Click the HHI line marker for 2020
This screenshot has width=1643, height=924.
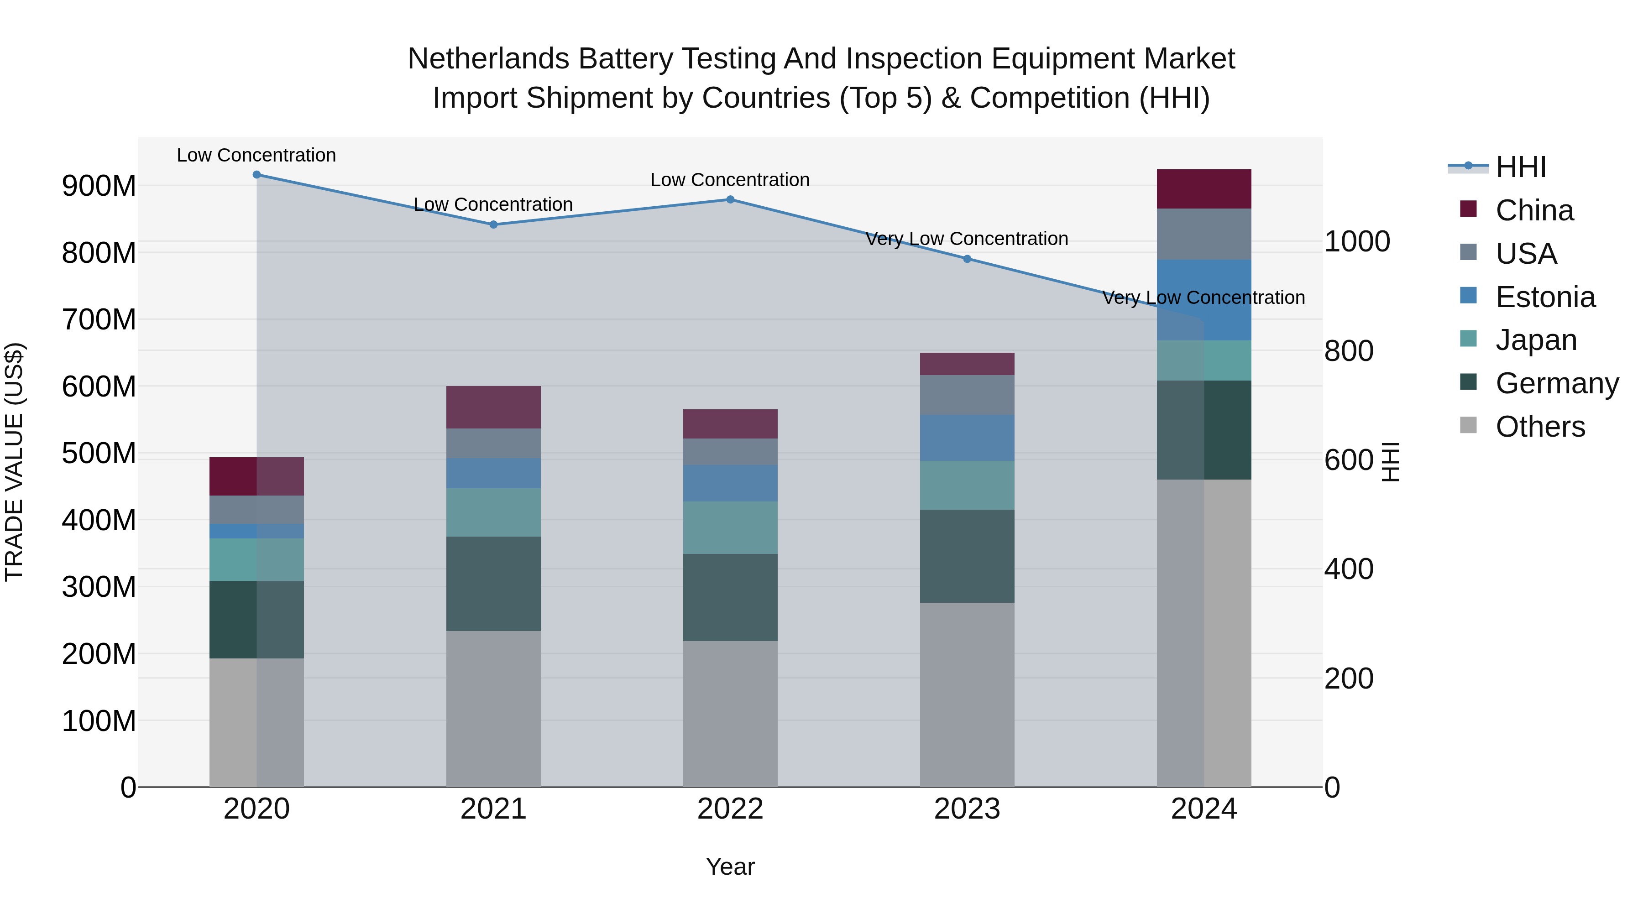(x=256, y=175)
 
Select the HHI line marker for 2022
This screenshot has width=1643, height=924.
(x=730, y=199)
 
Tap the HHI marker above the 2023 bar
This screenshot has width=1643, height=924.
(x=967, y=259)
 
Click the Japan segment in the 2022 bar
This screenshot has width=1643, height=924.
(x=730, y=527)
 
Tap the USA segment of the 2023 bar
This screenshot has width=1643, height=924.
(x=967, y=395)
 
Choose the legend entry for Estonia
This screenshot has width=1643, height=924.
(x=1545, y=297)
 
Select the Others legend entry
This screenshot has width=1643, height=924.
(x=1540, y=427)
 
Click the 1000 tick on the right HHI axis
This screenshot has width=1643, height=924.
(x=1357, y=242)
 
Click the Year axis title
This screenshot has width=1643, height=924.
(x=730, y=867)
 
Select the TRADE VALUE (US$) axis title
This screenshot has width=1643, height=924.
(x=14, y=462)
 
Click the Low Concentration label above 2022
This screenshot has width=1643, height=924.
(x=730, y=180)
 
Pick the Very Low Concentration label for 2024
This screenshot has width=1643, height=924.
(x=1203, y=298)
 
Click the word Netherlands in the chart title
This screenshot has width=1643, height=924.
(x=488, y=59)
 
